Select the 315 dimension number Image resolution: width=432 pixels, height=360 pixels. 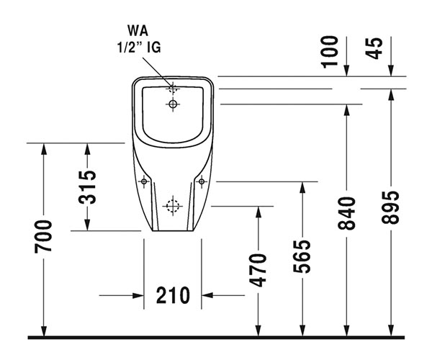pyautogui.click(x=86, y=186)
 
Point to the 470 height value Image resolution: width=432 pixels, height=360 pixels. pyautogui.click(x=258, y=270)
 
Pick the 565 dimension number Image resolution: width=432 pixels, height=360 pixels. pyautogui.click(x=302, y=256)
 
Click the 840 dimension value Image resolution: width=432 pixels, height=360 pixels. pyautogui.click(x=347, y=213)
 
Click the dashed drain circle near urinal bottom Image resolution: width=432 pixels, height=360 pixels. pyautogui.click(x=171, y=206)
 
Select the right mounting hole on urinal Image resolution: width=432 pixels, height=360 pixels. pyautogui.click(x=201, y=181)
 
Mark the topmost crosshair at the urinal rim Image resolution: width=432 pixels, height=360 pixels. pyautogui.click(x=172, y=89)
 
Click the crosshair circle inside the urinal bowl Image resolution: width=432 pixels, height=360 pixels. pyautogui.click(x=172, y=104)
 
